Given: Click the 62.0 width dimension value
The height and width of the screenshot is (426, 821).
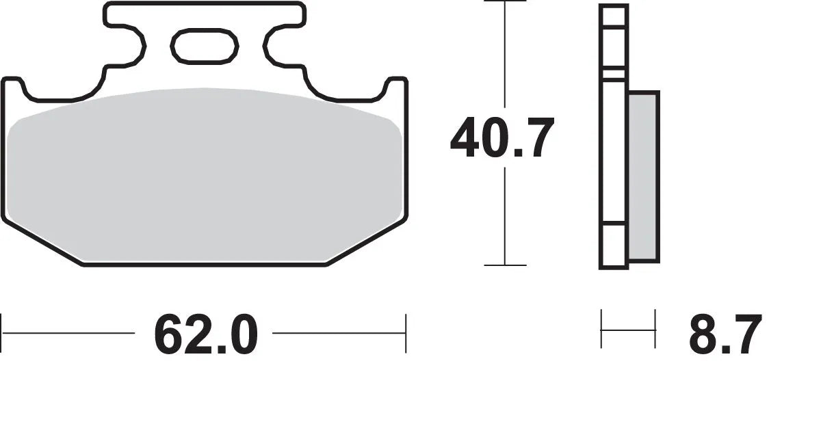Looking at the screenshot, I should [x=205, y=334].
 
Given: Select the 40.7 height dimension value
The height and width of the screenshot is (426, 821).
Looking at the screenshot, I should [x=501, y=139].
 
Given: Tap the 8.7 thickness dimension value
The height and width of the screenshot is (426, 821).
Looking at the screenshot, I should [x=725, y=334].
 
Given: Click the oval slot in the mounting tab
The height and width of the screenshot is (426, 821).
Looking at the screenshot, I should [x=204, y=46].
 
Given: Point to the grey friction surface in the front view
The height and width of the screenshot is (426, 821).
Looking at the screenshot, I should [x=205, y=174].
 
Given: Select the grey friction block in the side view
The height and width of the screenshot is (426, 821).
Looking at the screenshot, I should [x=643, y=176].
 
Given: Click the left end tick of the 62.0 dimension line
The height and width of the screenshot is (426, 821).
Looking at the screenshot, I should [x=2, y=334].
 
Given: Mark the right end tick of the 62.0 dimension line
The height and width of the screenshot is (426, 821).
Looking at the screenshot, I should [x=406, y=334].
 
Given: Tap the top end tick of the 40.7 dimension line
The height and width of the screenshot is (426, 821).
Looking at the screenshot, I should [x=505, y=2].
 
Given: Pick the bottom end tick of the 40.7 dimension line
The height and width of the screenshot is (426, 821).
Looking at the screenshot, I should [x=505, y=265].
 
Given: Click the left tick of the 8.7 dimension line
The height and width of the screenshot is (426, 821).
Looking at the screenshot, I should [x=601, y=329].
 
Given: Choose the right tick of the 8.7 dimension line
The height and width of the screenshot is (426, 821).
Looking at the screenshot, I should [x=655, y=329].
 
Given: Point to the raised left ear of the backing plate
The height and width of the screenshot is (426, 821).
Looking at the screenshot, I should [x=13, y=85].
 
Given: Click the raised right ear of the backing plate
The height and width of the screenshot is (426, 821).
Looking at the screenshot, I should [x=396, y=85].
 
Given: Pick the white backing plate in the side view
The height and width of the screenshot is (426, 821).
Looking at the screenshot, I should [x=613, y=137].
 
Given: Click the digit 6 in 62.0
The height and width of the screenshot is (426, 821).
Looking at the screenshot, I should [x=168, y=334].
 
